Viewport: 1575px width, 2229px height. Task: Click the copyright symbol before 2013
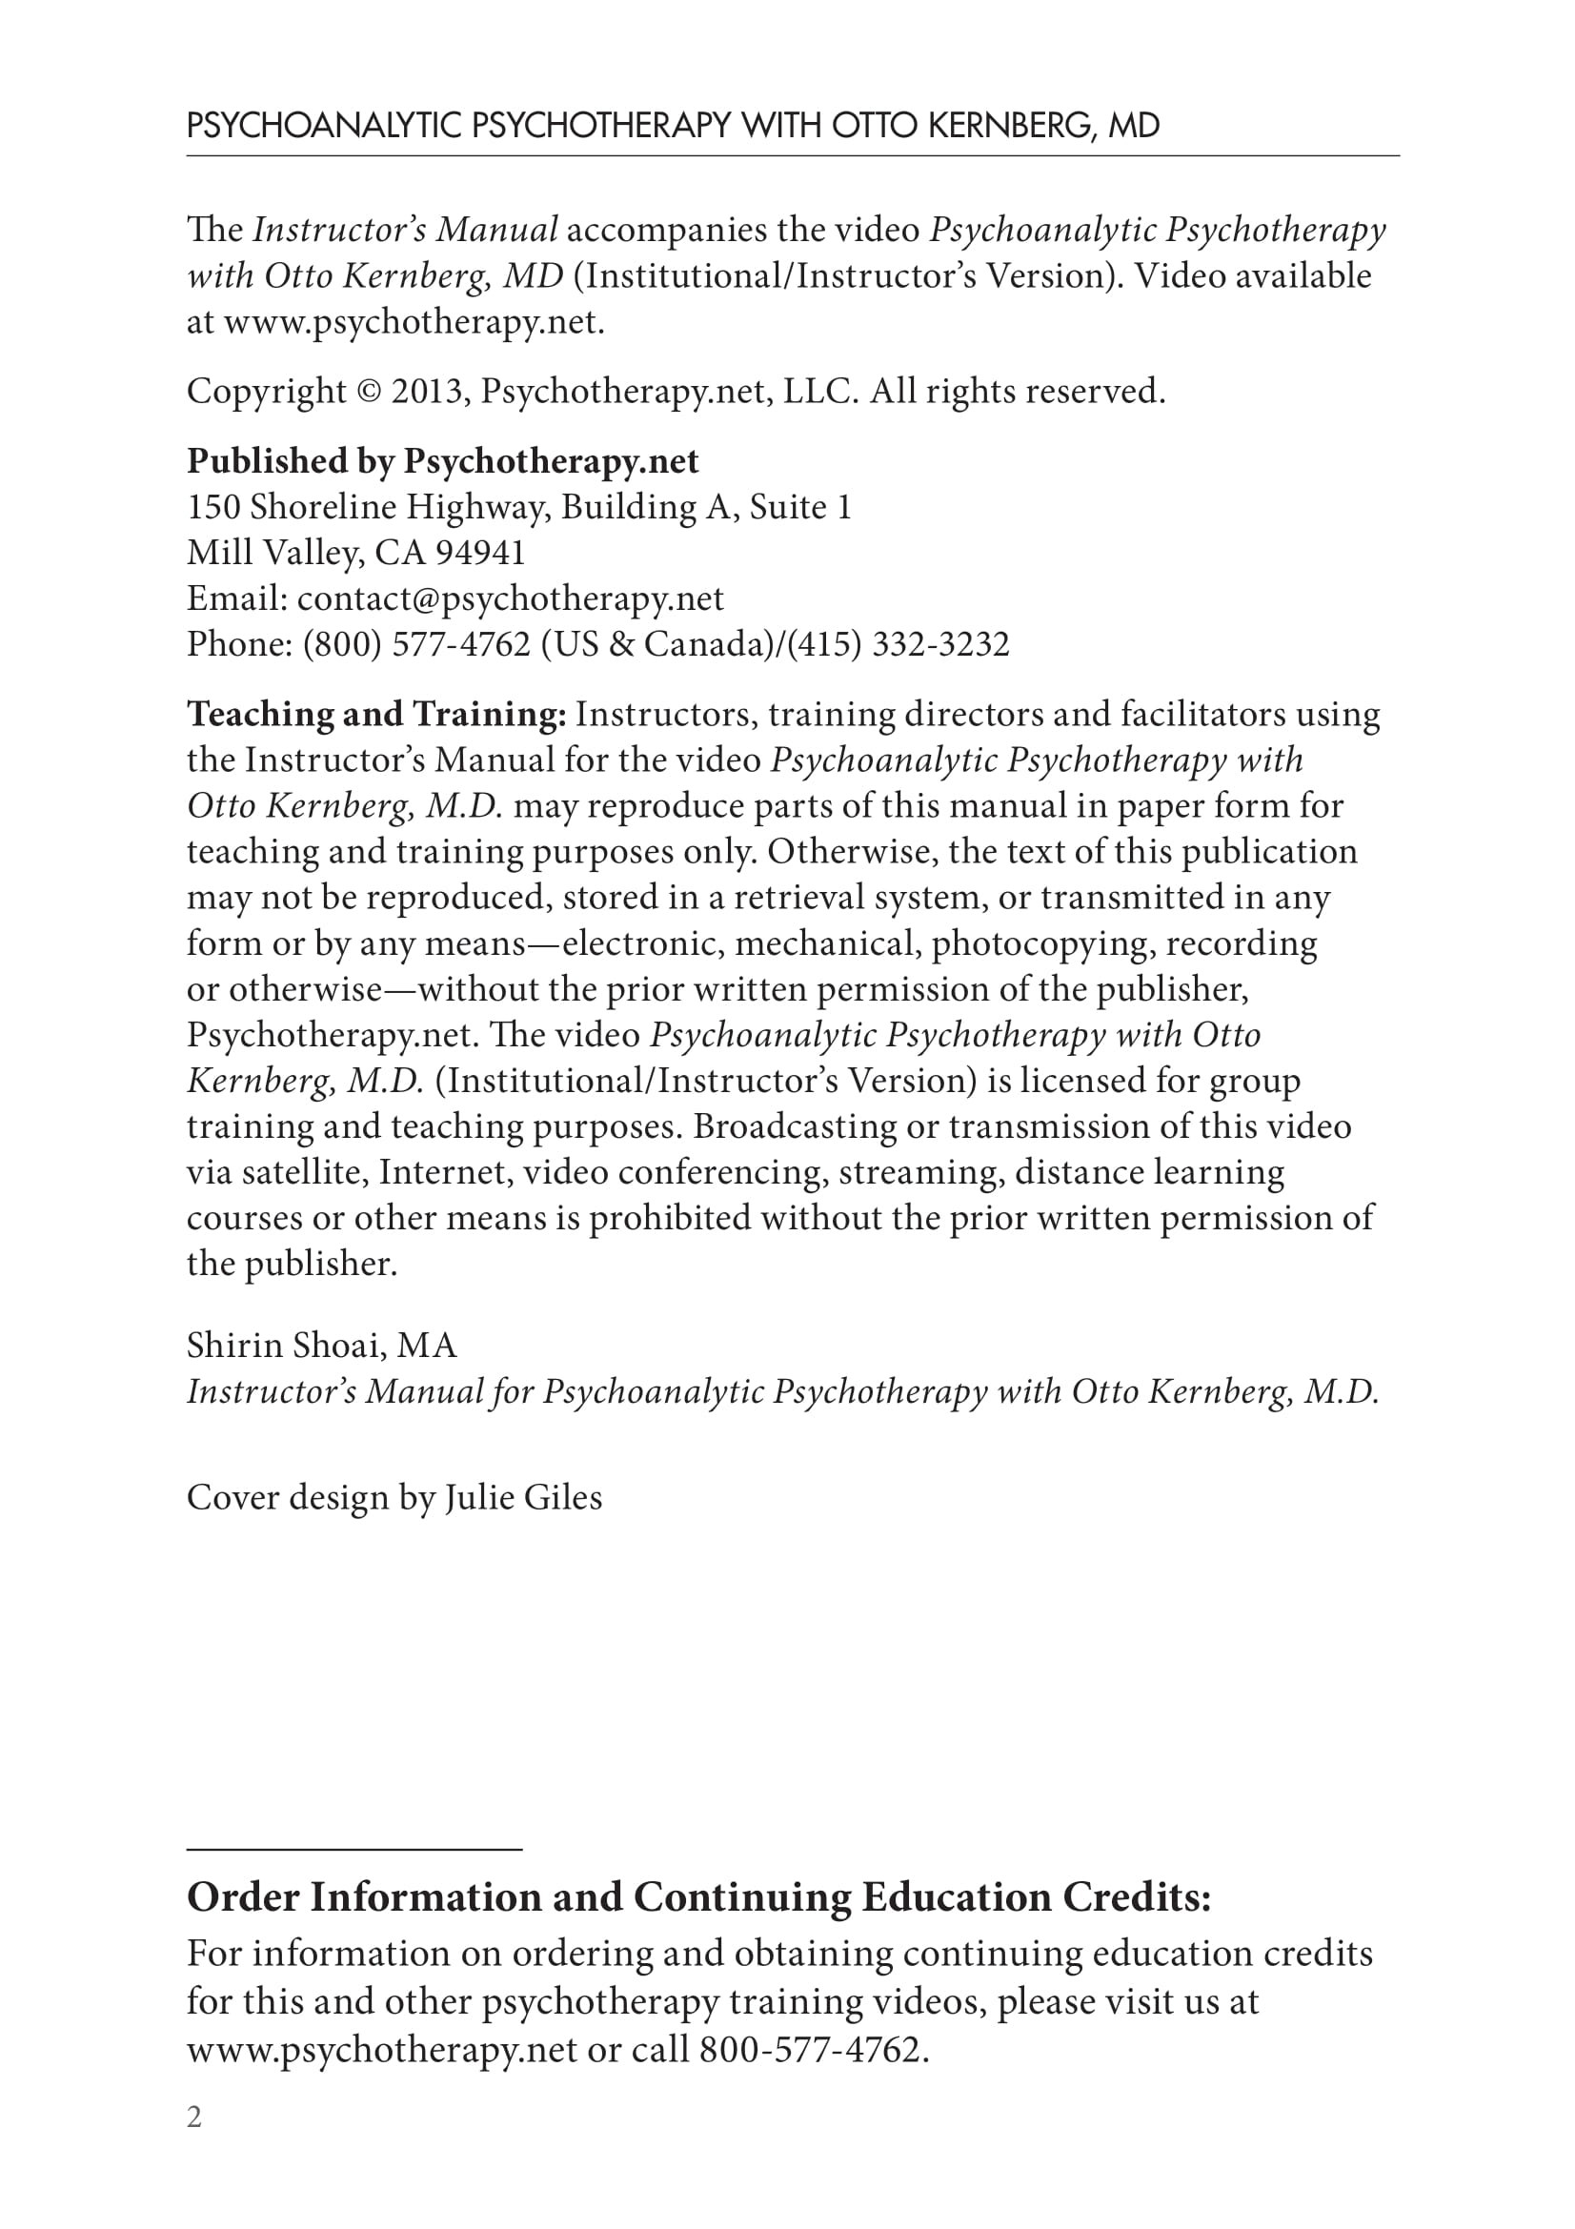(369, 393)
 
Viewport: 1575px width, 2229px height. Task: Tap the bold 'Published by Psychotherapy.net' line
(442, 461)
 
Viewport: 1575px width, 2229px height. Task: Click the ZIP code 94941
(479, 553)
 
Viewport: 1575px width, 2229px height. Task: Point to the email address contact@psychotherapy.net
(511, 598)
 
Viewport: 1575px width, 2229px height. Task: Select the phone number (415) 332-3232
(898, 643)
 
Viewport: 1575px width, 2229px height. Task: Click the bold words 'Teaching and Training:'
(376, 715)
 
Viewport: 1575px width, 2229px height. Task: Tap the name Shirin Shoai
(282, 1346)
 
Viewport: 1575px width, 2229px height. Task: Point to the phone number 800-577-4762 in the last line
(808, 2051)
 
